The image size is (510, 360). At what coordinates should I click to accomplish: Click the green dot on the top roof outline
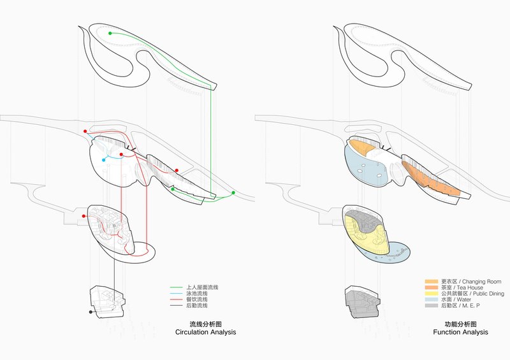coord(110,32)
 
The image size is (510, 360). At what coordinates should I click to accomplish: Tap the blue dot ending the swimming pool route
coord(104,160)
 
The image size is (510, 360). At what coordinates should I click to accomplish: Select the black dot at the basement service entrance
coord(91,312)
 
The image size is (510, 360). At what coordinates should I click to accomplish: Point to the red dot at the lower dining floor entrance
coord(85,217)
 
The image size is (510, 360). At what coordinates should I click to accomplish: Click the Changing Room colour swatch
coord(432,282)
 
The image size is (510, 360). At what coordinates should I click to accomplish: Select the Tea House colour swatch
coord(432,288)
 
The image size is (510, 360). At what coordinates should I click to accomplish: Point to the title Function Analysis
coord(460,333)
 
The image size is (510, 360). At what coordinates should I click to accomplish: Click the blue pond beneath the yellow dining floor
coord(393,253)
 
